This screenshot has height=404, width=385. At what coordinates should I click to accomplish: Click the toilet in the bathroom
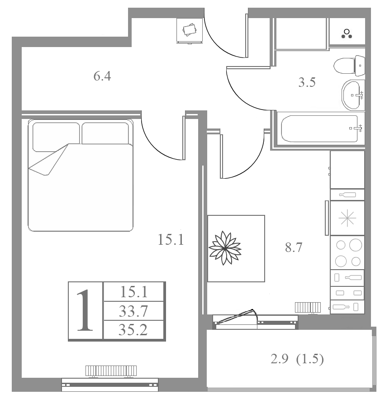click(349, 66)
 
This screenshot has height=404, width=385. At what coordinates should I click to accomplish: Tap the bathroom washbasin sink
click(353, 95)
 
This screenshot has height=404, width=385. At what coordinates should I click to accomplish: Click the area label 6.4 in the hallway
click(102, 76)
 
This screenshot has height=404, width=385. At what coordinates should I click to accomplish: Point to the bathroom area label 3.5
click(307, 82)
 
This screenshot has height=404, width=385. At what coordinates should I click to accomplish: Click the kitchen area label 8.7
click(294, 247)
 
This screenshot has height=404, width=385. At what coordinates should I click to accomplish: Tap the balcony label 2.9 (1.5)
click(297, 359)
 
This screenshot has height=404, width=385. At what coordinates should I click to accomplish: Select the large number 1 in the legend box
click(86, 310)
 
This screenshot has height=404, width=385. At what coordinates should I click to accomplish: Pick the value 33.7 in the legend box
click(133, 311)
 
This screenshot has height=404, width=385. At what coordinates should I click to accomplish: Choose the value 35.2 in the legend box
click(133, 330)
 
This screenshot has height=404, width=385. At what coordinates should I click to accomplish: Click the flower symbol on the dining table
click(225, 248)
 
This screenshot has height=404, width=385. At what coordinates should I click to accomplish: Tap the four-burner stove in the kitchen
click(347, 253)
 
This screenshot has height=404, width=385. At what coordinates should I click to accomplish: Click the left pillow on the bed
click(56, 137)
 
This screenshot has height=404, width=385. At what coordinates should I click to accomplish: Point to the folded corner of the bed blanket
click(48, 160)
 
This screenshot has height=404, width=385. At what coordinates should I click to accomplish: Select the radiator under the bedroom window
click(111, 371)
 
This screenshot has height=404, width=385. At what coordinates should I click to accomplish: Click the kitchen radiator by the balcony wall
click(308, 308)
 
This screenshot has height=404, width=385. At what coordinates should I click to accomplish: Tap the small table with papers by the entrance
click(190, 30)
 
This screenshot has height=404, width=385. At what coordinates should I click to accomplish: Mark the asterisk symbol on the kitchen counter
click(347, 218)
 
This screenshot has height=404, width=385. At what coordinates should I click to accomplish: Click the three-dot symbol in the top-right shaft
click(347, 34)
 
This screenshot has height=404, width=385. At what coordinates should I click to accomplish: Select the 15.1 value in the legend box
click(134, 292)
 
